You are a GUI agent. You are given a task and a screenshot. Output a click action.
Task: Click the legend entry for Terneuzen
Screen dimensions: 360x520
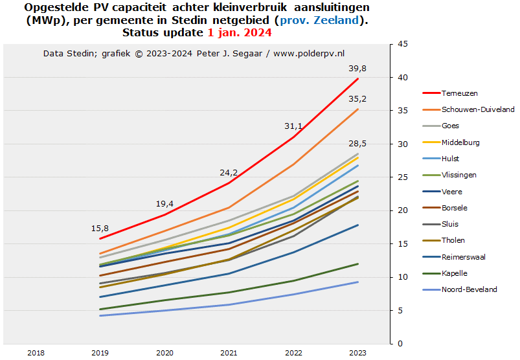point(460,93)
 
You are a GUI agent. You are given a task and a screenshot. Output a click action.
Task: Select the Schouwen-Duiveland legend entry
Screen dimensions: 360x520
point(478,109)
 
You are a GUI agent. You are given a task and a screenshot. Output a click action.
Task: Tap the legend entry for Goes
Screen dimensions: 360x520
point(451,126)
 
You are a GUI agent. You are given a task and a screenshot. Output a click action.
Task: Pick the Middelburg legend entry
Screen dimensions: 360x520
point(460,142)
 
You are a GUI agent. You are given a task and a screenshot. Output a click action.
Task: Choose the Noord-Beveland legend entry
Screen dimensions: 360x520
point(469,289)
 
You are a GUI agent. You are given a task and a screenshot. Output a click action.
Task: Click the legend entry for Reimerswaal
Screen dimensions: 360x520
point(464,257)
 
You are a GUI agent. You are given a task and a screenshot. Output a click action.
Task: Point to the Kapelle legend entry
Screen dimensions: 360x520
point(454,273)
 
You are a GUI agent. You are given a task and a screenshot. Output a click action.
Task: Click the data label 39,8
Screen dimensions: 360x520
point(357,68)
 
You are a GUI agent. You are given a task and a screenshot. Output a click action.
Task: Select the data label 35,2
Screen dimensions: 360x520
point(357,98)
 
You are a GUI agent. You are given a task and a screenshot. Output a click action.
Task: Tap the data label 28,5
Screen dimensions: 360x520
point(357,143)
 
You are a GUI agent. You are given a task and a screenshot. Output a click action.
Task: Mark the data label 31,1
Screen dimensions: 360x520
point(293,126)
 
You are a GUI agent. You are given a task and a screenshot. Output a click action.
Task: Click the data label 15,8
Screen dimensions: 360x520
point(100,229)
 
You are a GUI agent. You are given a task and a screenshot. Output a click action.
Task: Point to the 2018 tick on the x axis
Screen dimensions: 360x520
point(36,353)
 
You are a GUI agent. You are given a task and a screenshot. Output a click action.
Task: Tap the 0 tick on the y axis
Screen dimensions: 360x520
point(401,344)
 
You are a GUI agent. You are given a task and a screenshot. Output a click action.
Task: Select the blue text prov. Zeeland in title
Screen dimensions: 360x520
point(318,20)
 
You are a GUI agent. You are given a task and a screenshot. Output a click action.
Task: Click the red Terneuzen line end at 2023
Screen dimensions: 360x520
point(357,79)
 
